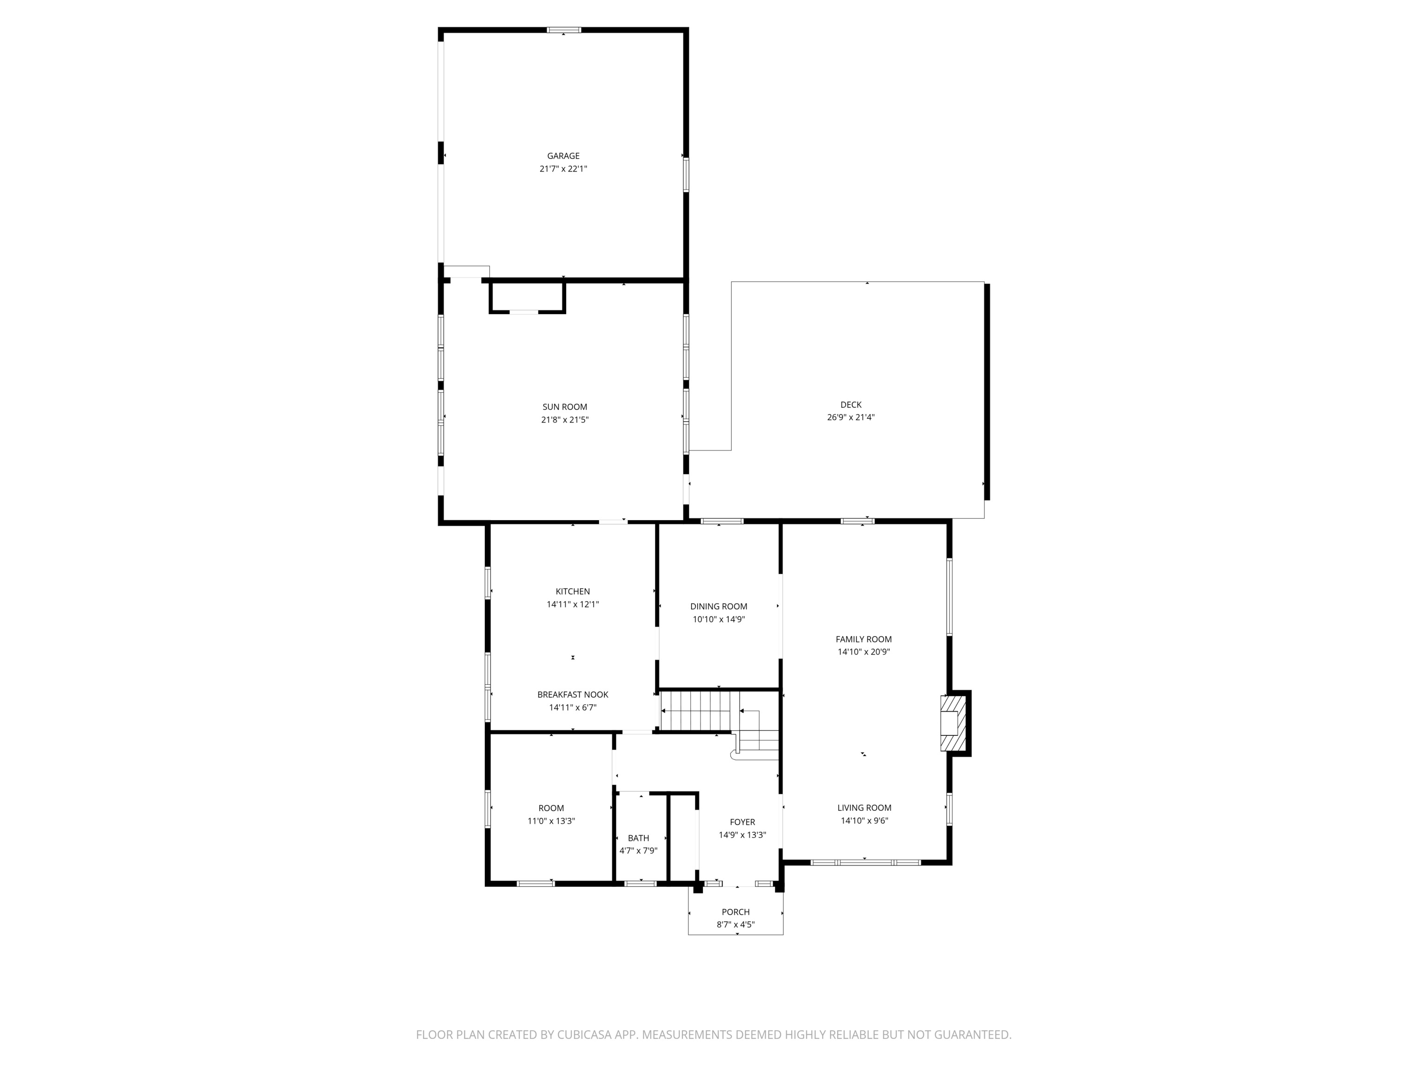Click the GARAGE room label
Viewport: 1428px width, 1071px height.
[x=563, y=156]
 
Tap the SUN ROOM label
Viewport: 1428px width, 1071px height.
[x=564, y=407]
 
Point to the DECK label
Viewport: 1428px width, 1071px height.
[x=850, y=405]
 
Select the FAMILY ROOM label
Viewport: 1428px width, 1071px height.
[x=863, y=639]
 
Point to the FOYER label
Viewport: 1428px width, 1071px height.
[x=742, y=822]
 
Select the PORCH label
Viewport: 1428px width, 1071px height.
[x=735, y=912]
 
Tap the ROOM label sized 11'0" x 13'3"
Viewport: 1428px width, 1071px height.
[x=551, y=808]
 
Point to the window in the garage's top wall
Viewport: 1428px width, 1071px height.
[x=563, y=30]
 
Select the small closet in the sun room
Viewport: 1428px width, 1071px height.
[x=527, y=297]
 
